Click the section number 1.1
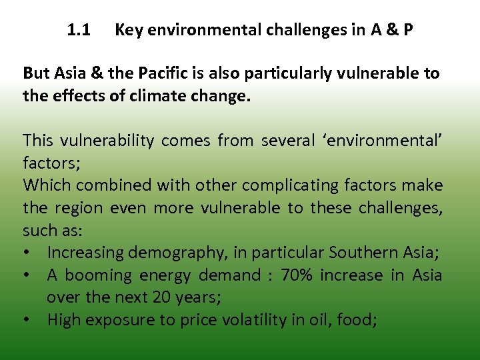[79, 30]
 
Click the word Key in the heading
[127, 30]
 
